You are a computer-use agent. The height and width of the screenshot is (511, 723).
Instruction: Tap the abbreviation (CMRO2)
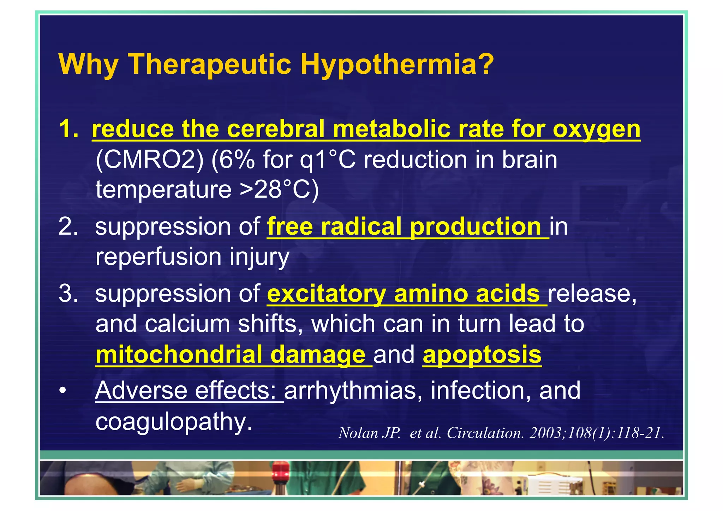tap(150, 160)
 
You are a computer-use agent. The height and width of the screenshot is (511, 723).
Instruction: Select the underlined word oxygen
tap(596, 129)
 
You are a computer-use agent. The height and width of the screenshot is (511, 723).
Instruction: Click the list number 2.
tap(68, 226)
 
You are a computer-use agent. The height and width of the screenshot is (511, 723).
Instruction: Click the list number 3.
tap(68, 294)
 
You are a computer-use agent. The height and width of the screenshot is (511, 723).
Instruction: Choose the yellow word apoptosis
tap(482, 354)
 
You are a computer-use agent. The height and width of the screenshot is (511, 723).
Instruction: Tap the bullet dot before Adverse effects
tap(63, 391)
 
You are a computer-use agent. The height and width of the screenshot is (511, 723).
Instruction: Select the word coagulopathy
tap(174, 421)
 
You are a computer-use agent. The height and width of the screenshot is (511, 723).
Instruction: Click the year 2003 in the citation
tap(546, 433)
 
